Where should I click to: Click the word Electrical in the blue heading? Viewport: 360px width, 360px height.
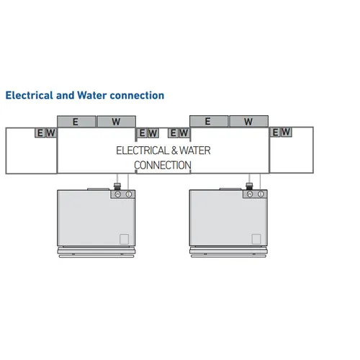click(x=30, y=95)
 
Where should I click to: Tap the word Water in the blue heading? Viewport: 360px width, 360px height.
click(x=92, y=95)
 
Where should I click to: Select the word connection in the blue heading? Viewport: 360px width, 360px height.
click(x=137, y=96)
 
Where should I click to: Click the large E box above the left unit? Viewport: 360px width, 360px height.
click(x=76, y=122)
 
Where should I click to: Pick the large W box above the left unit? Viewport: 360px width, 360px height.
click(x=117, y=122)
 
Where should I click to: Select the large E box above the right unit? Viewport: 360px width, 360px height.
click(x=209, y=121)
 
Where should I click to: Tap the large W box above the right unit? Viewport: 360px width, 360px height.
click(x=249, y=121)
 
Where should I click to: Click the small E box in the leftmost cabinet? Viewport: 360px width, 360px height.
click(x=40, y=132)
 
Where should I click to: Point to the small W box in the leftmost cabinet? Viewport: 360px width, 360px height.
click(x=51, y=132)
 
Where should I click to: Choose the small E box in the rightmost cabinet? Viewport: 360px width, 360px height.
click(x=276, y=132)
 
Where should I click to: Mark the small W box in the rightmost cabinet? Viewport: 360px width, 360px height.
click(x=287, y=132)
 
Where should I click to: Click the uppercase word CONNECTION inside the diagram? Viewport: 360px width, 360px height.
click(x=163, y=165)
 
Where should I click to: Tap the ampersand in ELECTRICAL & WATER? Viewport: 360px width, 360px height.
click(x=174, y=150)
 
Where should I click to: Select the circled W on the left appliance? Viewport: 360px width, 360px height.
click(x=117, y=194)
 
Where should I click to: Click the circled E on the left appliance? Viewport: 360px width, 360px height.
click(x=129, y=194)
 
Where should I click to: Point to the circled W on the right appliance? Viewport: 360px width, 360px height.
click(x=250, y=194)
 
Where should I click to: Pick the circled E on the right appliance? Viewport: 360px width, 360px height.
click(x=261, y=194)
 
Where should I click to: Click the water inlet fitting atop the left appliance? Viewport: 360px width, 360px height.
click(x=117, y=186)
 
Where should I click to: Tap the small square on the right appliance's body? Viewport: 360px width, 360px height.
click(x=256, y=239)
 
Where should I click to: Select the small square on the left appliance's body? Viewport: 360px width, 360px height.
click(x=124, y=239)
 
